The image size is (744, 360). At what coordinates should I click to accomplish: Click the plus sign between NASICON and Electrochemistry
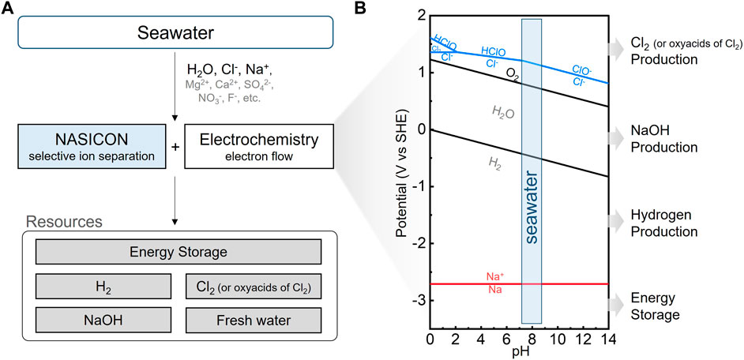click(176, 147)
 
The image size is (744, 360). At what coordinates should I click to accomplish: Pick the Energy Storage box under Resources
click(178, 251)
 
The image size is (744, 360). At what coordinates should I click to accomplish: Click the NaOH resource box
click(103, 321)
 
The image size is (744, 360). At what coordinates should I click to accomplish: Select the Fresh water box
click(254, 321)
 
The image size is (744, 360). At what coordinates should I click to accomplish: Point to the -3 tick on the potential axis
click(415, 301)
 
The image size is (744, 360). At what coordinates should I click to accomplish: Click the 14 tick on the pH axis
click(607, 339)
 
